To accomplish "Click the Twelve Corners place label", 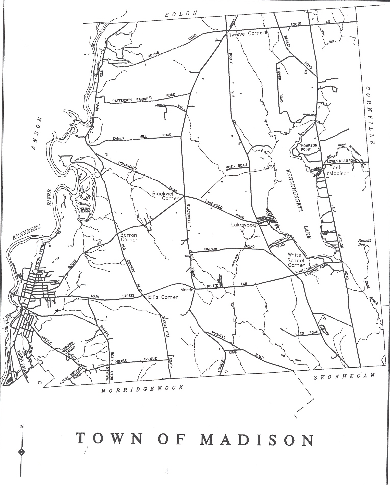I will (248, 33).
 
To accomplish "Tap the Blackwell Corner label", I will (165, 196).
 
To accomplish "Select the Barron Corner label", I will (129, 237).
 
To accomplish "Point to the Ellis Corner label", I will (163, 297).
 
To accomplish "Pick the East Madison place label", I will (339, 171).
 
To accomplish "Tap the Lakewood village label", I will (243, 225).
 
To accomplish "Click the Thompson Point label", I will (308, 147).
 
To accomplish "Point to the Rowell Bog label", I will (364, 242).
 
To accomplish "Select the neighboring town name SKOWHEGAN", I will (344, 377).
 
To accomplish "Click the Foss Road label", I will (237, 166).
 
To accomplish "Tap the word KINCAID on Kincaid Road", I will (210, 249).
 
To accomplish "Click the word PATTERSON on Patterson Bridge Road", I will (122, 100).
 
